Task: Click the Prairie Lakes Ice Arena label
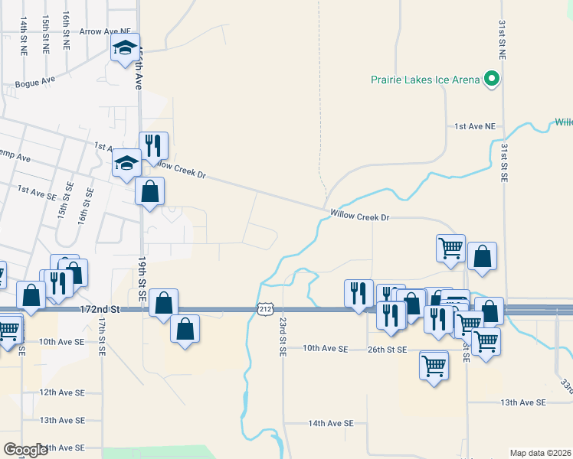424,79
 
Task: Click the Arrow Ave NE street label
106,32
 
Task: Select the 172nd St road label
100,309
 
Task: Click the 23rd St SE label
283,337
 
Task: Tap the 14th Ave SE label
331,423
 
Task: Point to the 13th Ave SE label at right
522,402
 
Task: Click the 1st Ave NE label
475,125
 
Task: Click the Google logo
25,450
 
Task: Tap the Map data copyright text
541,453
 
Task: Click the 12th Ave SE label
62,392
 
